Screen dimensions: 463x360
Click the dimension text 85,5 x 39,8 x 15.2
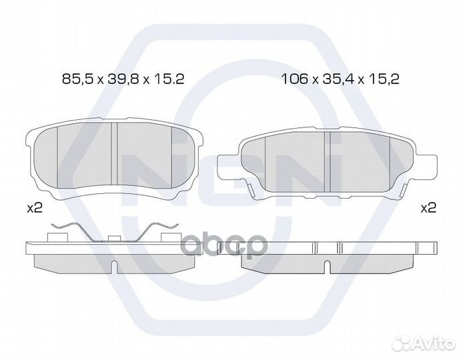[x=123, y=79]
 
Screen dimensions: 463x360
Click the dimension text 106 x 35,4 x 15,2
[x=340, y=79]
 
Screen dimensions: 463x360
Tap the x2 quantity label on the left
[x=35, y=209]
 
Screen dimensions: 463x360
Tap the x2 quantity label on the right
[x=428, y=209]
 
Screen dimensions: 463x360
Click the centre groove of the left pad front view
[x=114, y=154]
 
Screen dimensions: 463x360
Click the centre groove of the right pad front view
[x=327, y=162]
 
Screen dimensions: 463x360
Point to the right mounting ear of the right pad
[x=427, y=167]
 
